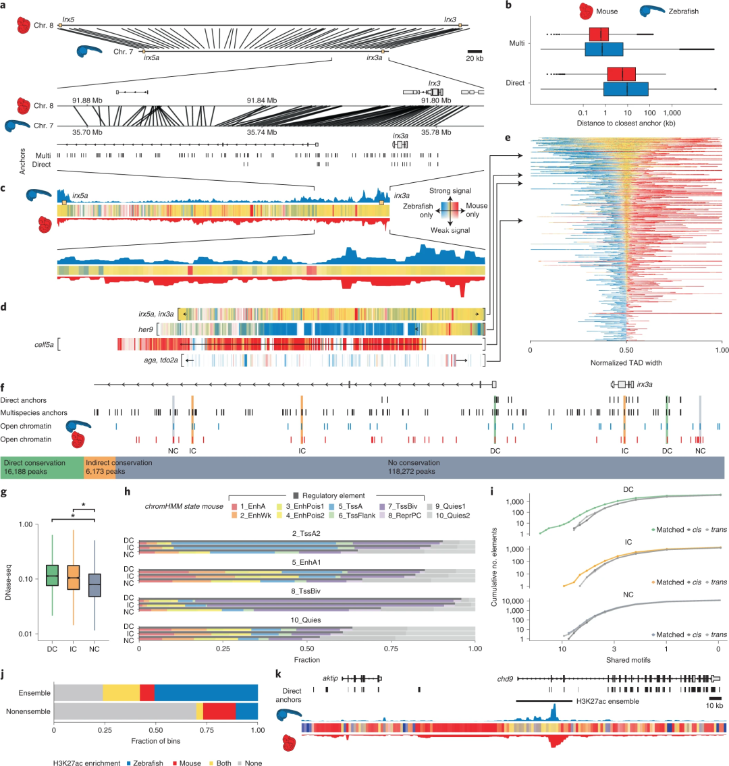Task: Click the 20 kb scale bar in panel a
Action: click(x=475, y=51)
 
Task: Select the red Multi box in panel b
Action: click(x=599, y=34)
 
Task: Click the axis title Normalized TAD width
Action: click(x=626, y=362)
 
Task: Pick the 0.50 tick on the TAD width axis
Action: click(x=626, y=350)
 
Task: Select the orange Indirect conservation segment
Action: click(x=99, y=467)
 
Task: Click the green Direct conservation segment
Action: click(x=42, y=467)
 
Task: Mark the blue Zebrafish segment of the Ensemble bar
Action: click(x=206, y=692)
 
